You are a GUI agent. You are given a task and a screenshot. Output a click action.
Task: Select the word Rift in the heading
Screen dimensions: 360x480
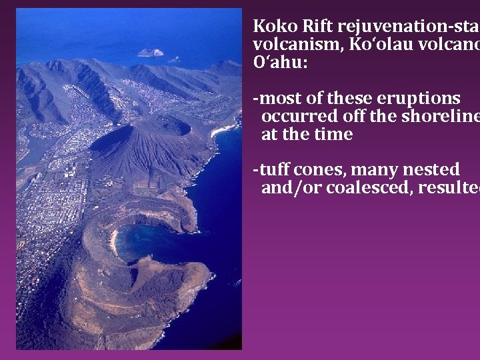pos(314,27)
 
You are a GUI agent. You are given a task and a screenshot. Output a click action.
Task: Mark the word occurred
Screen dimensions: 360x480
pos(299,117)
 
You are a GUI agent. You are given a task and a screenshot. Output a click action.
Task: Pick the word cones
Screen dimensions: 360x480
pos(323,170)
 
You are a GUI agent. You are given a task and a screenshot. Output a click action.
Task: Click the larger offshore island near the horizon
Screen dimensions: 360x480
pos(150,52)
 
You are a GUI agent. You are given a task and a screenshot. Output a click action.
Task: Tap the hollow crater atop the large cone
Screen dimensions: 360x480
pos(173,125)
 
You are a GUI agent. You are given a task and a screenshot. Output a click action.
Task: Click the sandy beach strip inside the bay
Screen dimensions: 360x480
pos(114,240)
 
